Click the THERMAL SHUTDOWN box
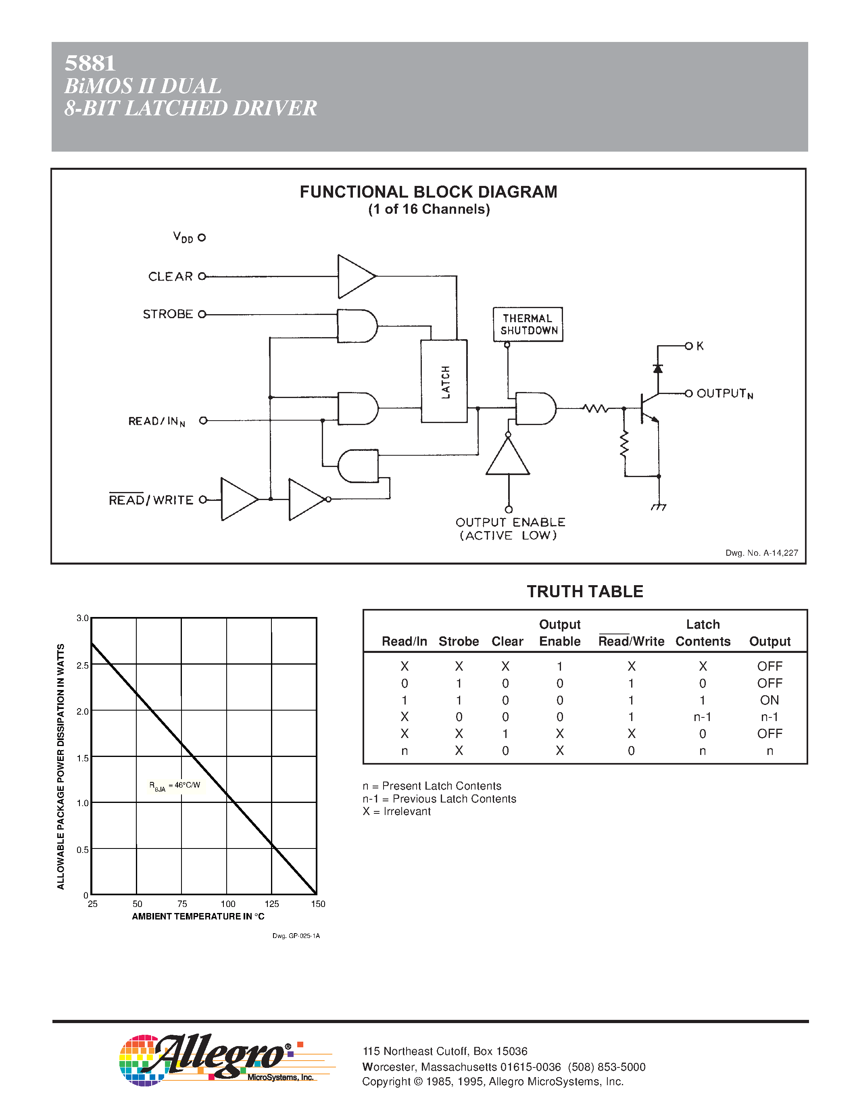click(528, 324)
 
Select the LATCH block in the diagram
click(444, 381)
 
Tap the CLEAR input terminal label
click(171, 277)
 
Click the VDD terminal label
click(183, 237)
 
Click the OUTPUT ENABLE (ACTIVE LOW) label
click(510, 529)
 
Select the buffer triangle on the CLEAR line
click(355, 277)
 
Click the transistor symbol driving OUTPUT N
click(647, 408)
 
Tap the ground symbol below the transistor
click(659, 507)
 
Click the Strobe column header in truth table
click(459, 641)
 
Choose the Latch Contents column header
click(703, 633)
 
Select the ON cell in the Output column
click(769, 700)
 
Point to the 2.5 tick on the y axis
click(82, 665)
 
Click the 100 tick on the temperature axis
click(227, 904)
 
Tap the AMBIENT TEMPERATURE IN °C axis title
click(198, 917)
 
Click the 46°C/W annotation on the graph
click(175, 786)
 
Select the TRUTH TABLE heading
click(585, 592)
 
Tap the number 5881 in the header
click(90, 63)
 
